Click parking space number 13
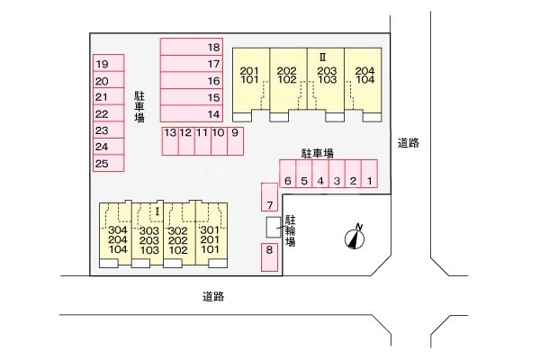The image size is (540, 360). click(169, 139)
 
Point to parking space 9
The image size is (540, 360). click(235, 139)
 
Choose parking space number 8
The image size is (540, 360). click(269, 256)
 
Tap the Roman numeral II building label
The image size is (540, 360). click(321, 56)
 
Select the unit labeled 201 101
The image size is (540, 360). click(249, 76)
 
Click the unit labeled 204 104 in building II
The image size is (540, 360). click(364, 76)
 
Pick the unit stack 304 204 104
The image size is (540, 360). click(117, 240)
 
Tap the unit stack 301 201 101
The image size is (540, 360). click(211, 240)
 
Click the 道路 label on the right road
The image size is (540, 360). click(409, 142)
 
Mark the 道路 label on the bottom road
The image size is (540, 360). click(212, 295)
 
